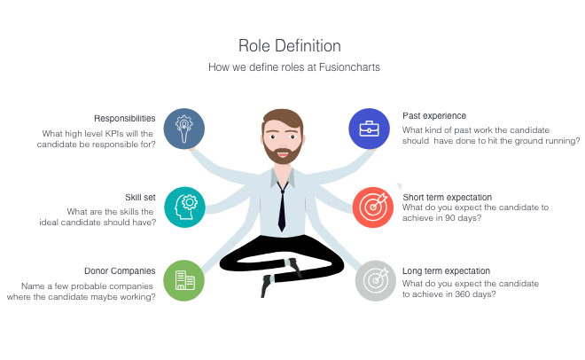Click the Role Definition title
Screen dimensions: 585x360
[290, 46]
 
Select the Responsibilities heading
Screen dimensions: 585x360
[125, 119]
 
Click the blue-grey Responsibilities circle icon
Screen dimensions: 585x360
[184, 129]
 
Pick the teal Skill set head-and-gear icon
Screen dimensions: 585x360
[184, 207]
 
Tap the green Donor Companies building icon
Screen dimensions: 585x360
[184, 280]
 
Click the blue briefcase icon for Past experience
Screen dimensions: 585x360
[369, 129]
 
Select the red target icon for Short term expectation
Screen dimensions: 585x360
[372, 207]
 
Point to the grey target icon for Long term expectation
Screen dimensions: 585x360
[375, 281]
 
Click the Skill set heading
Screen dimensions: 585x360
[140, 198]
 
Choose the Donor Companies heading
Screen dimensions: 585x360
[120, 270]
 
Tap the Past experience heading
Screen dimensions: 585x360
[434, 116]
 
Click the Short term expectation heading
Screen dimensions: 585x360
[448, 198]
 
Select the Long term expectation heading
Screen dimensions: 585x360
[446, 270]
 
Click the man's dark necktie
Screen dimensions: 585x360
[282, 207]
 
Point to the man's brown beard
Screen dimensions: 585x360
[283, 153]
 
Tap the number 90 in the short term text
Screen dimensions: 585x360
[450, 218]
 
